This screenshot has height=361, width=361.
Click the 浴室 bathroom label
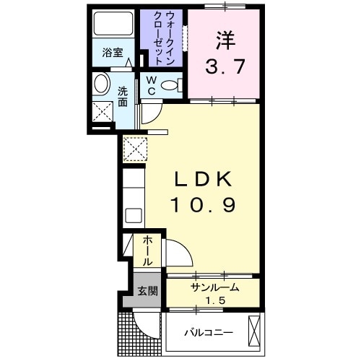(x=113, y=53)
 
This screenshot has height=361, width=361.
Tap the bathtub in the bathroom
(x=113, y=24)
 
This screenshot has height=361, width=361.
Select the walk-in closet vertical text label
(x=164, y=38)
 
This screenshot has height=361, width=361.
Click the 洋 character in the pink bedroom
(x=225, y=40)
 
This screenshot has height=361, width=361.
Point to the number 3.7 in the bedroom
(x=225, y=66)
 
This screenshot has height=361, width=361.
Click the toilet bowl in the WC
(x=170, y=85)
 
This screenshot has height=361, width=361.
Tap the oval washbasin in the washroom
(x=101, y=84)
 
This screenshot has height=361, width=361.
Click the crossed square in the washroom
(x=103, y=112)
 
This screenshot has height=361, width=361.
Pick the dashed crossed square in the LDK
(x=135, y=149)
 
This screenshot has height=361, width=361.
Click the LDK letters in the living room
(x=203, y=179)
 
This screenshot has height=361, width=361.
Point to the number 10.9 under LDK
(x=203, y=204)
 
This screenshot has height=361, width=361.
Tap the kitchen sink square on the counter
(x=134, y=215)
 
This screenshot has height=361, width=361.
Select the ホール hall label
(x=147, y=251)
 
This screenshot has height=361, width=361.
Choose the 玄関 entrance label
(x=147, y=291)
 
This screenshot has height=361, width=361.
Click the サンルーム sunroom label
(x=215, y=287)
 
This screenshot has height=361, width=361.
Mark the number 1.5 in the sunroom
(x=215, y=300)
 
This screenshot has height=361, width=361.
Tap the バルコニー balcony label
(x=209, y=333)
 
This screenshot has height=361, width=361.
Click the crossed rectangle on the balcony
(x=254, y=331)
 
